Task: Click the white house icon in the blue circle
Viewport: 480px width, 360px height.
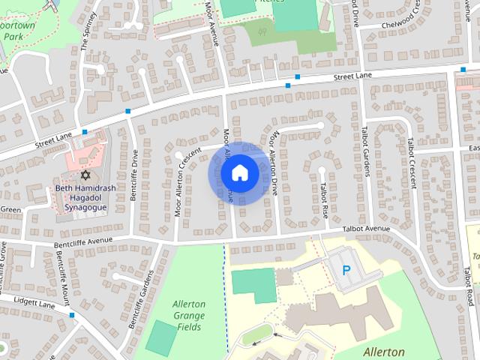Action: click(238, 172)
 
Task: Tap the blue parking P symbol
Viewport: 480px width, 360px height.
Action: click(346, 270)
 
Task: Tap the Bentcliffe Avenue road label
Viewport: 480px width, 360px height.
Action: click(82, 241)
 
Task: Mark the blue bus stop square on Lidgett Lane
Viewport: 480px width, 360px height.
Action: click(72, 315)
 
